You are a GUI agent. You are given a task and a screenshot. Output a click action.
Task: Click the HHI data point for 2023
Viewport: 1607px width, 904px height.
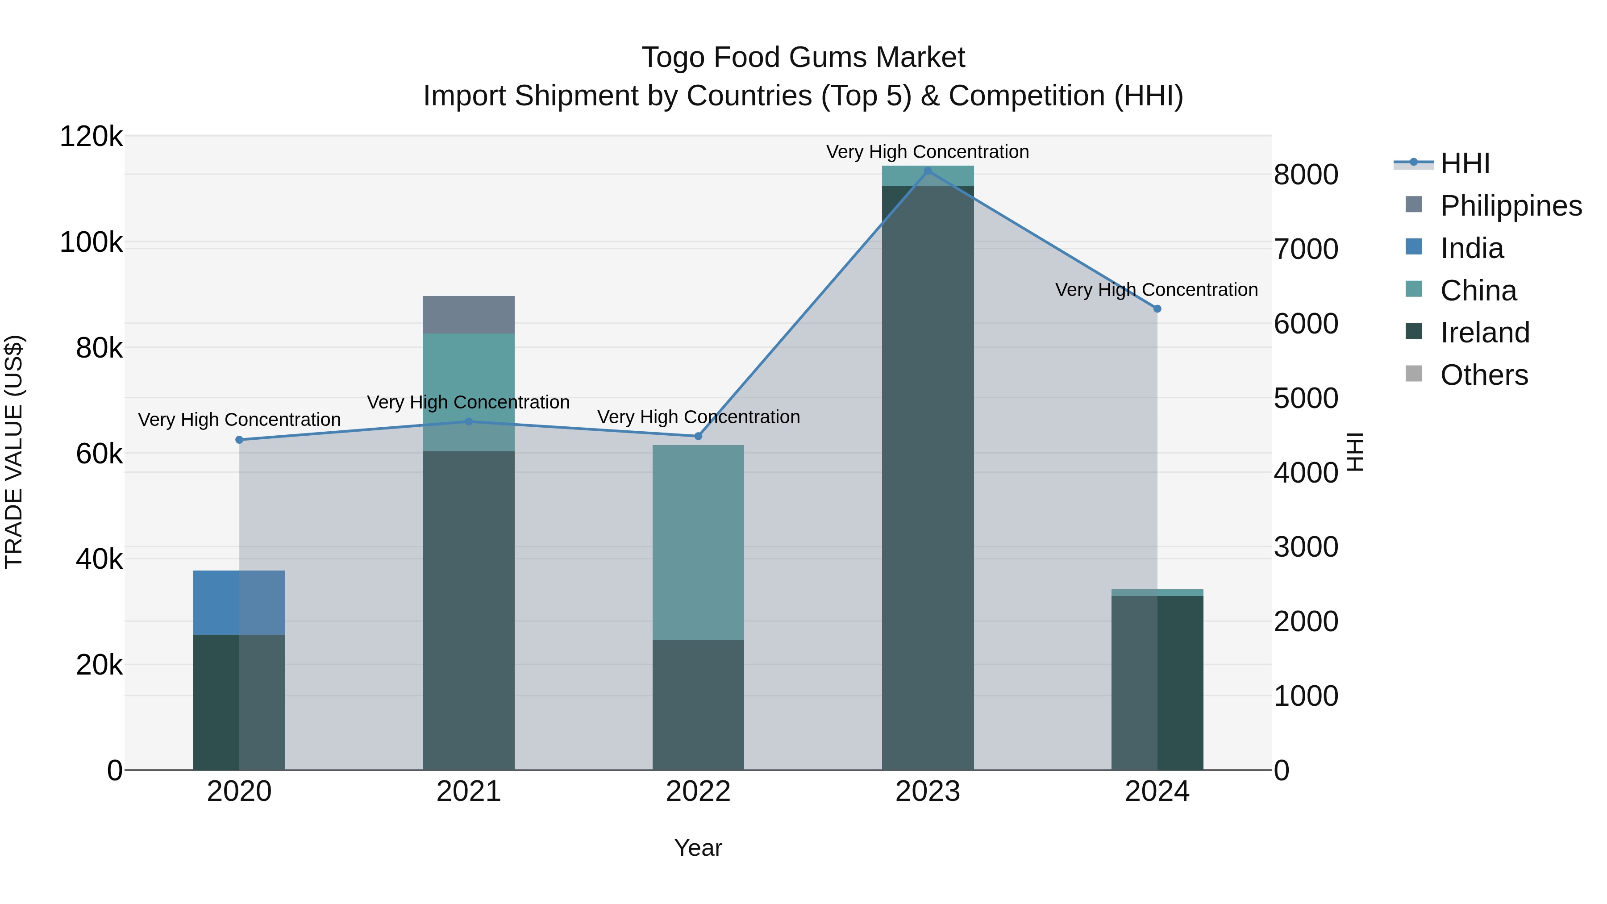[x=928, y=171]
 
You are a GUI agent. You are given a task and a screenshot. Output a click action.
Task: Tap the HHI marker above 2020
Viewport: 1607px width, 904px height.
[x=239, y=440]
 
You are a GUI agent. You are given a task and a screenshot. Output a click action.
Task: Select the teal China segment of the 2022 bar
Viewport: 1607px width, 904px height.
[x=698, y=543]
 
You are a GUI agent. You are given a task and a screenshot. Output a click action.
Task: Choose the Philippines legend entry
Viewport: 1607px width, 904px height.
[x=1510, y=206]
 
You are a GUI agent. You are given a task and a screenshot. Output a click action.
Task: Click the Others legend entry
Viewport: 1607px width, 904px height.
[x=1483, y=375]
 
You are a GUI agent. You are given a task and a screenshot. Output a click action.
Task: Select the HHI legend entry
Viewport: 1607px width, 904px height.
[x=1465, y=163]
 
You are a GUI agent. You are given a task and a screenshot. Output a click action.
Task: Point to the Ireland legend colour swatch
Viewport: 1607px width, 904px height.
[x=1414, y=332]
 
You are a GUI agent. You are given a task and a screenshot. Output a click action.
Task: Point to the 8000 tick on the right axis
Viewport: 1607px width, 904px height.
[x=1306, y=175]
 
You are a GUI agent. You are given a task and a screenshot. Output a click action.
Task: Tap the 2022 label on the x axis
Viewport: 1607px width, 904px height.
[x=698, y=792]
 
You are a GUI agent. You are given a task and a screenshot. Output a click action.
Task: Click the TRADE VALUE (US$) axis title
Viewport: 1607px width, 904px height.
[x=14, y=452]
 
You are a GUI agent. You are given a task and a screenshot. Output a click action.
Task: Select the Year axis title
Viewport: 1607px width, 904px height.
[x=698, y=848]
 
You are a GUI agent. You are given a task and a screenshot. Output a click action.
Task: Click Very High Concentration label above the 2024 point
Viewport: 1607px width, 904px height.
[x=1156, y=290]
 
